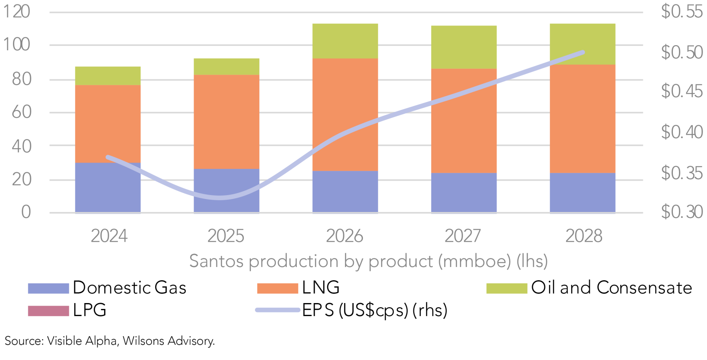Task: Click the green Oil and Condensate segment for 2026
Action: [345, 41]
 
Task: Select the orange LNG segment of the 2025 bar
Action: [226, 122]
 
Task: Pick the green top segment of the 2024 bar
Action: [108, 76]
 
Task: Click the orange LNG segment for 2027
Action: [463, 121]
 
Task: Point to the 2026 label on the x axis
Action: [344, 236]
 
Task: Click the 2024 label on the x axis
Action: [109, 236]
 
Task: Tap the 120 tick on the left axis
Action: [16, 12]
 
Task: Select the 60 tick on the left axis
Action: [22, 112]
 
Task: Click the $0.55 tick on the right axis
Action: [681, 12]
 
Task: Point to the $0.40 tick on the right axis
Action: [681, 132]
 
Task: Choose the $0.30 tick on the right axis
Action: [681, 212]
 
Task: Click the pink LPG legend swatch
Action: [48, 311]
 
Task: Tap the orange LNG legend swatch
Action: [277, 288]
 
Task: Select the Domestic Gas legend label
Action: [130, 288]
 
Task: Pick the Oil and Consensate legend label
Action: [612, 288]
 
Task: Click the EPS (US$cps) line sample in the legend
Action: [277, 310]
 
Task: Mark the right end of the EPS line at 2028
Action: [583, 52]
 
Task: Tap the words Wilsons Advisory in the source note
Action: [169, 341]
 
